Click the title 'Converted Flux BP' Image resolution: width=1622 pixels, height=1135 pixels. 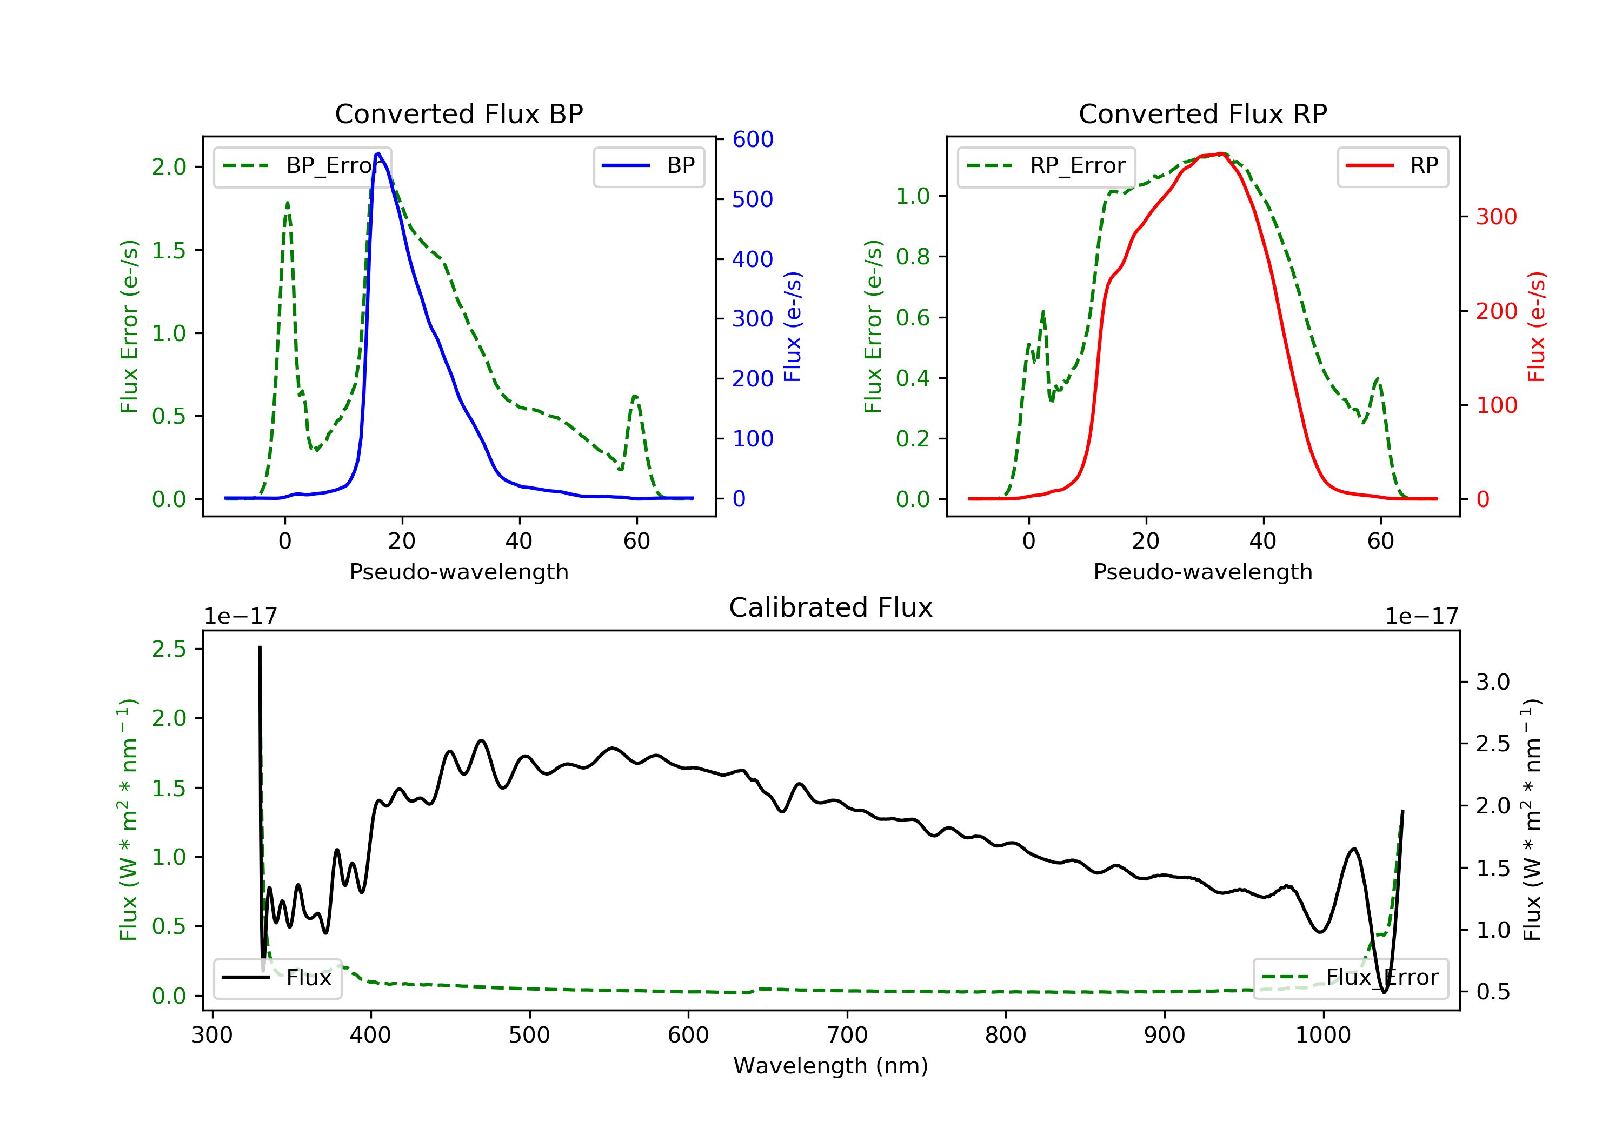[459, 113]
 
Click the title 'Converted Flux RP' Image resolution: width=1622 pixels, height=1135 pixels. [1203, 113]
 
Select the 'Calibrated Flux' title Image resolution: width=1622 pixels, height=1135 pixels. [831, 607]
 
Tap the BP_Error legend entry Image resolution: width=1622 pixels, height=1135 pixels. [302, 166]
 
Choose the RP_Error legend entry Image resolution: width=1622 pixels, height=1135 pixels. [1046, 166]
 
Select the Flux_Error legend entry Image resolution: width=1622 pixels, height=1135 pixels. [1351, 978]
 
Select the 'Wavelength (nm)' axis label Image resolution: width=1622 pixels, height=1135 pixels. [831, 1066]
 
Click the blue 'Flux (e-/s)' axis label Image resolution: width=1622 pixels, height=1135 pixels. [793, 326]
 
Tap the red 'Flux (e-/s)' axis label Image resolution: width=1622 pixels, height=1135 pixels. [1537, 326]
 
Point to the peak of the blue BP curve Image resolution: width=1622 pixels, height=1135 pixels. [378, 153]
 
